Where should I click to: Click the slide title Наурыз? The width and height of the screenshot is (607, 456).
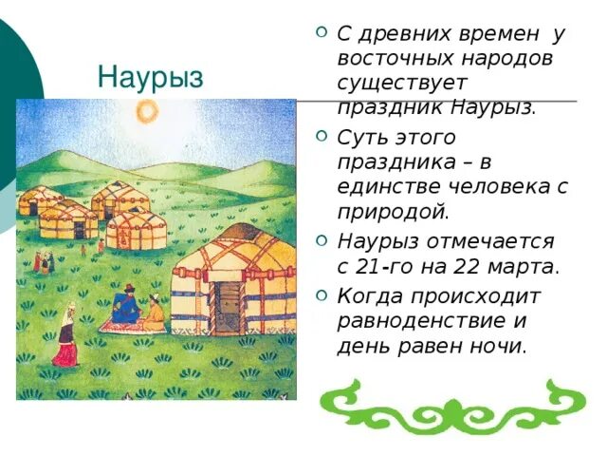(x=151, y=77)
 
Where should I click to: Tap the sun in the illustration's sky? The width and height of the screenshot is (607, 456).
(x=146, y=112)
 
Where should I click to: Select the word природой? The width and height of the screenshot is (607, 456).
(x=393, y=211)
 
